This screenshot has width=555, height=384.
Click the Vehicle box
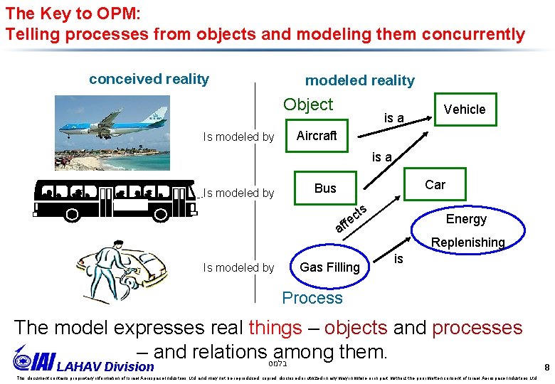tap(464, 110)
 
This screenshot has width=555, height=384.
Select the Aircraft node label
tap(317, 136)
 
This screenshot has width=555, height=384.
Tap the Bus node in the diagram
tap(325, 188)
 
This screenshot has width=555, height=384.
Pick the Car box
tap(435, 185)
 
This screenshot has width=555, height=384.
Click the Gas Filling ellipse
tap(330, 267)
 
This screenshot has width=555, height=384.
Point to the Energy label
tap(466, 219)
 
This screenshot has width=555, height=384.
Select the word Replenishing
tap(467, 242)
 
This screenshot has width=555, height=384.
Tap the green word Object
tap(307, 105)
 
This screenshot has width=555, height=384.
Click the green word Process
tap(312, 298)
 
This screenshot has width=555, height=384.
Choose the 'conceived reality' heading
tap(149, 79)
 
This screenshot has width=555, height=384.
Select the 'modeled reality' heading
tap(359, 80)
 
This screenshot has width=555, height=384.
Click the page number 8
tap(546, 368)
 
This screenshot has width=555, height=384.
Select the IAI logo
tap(33, 360)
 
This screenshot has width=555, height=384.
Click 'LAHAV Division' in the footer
tap(105, 367)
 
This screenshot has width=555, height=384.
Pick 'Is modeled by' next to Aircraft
tap(238, 137)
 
